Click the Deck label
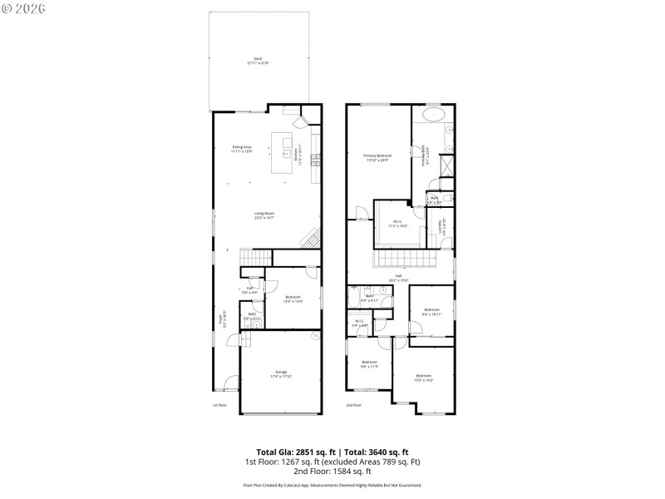(257, 61)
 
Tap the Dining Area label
(241, 149)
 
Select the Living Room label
(264, 215)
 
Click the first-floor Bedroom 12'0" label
(293, 299)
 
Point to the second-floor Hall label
(398, 277)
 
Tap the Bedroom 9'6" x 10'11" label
(431, 311)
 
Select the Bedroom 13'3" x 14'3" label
(424, 377)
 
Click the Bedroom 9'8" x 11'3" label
(369, 363)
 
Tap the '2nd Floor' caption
(354, 405)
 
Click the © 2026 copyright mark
(24, 8)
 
